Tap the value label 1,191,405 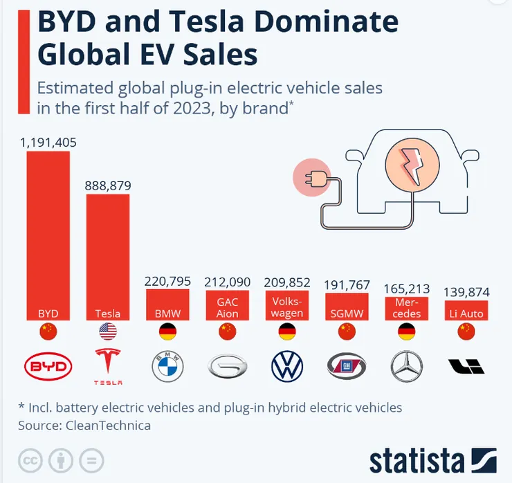[x=48, y=143]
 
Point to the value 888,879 [x=107, y=185]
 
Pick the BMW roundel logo [x=167, y=367]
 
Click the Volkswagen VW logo [x=287, y=367]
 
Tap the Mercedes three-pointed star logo [x=407, y=367]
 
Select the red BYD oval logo [x=48, y=367]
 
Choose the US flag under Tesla [x=107, y=332]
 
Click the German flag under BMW [x=167, y=332]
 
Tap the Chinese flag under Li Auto [x=466, y=332]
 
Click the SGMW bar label [x=347, y=313]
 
